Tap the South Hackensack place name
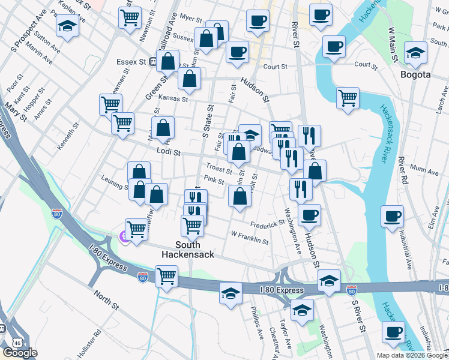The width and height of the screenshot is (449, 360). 187,249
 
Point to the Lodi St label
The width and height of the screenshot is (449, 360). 169,153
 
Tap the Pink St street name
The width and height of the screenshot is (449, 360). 213,179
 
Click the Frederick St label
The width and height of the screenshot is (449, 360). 267,224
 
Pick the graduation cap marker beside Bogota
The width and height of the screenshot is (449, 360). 415,53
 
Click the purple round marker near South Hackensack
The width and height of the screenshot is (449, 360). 124,236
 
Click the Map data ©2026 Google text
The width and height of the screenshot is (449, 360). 411,355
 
